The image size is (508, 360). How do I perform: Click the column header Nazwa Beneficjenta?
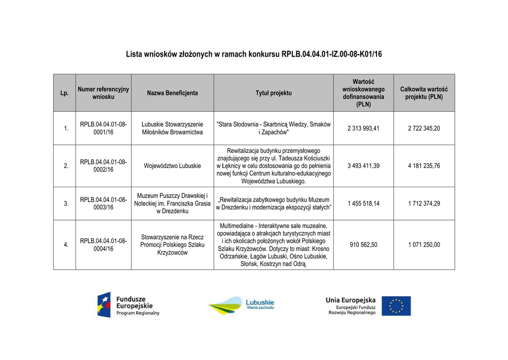pos(172,93)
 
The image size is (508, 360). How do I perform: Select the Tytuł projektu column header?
pos(273,93)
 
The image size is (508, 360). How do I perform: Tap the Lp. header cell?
pos(64,93)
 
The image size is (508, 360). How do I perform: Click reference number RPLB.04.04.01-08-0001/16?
pos(103,128)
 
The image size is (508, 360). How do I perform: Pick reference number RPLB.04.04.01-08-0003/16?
pos(103,203)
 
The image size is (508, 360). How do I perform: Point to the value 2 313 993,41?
pos(363,128)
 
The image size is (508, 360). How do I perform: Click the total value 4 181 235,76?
pos(424,166)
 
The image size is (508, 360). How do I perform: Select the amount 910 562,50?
pos(363,244)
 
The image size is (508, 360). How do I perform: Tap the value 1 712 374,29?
pos(424,203)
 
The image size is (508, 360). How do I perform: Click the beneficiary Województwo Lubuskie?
pos(172,166)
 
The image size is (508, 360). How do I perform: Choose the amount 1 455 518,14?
pos(363,203)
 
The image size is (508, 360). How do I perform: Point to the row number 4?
pos(66,244)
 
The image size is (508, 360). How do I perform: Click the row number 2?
pos(66,166)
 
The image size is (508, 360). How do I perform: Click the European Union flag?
pos(399,305)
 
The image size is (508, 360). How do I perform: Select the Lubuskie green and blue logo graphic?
pos(226,305)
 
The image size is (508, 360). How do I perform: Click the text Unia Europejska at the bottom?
pos(350,300)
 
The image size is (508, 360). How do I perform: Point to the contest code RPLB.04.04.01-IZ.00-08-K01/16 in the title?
pos(331,54)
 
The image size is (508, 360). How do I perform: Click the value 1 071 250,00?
pos(424,244)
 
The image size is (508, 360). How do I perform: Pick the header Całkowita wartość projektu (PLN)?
pos(424,93)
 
